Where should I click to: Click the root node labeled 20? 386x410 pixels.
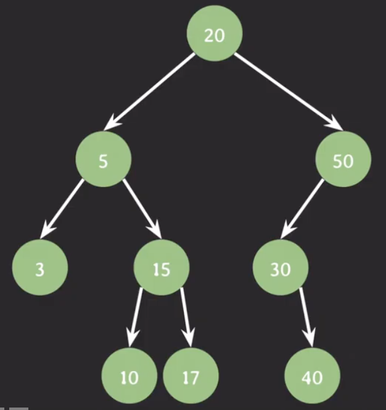(x=215, y=33)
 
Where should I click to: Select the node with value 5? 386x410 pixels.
(x=104, y=159)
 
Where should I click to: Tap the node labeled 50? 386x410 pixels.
(x=343, y=159)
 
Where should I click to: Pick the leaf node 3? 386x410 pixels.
(x=40, y=267)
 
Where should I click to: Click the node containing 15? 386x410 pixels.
(x=162, y=267)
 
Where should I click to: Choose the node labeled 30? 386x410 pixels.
(x=281, y=267)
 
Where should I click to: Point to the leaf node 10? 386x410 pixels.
(x=129, y=376)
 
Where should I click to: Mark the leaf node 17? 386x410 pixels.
(x=191, y=376)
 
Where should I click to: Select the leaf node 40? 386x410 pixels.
(x=313, y=376)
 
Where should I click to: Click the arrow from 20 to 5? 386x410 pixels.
(x=149, y=91)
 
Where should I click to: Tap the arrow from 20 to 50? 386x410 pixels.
(x=289, y=91)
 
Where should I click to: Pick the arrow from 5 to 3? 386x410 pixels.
(x=62, y=209)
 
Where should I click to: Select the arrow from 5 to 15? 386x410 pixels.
(x=142, y=209)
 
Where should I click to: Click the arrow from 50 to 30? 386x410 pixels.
(x=302, y=209)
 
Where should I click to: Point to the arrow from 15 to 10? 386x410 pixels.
(x=135, y=317)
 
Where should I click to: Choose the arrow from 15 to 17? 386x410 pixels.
(x=186, y=317)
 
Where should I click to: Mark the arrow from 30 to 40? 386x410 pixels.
(x=306, y=317)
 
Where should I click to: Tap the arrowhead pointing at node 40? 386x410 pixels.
(x=310, y=338)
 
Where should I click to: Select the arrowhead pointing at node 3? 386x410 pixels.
(x=47, y=230)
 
